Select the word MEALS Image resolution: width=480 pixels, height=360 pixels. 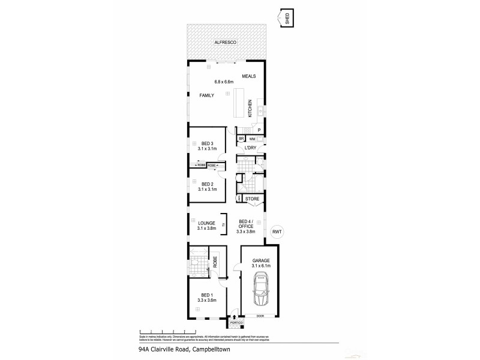click(x=249, y=77)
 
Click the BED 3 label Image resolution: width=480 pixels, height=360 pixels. click(x=208, y=143)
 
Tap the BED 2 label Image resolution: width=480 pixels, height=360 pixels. click(x=208, y=184)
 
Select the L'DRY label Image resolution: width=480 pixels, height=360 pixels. click(x=251, y=148)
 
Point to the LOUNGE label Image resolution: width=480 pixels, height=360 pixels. click(x=206, y=223)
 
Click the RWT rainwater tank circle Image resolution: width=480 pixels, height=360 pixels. click(x=277, y=232)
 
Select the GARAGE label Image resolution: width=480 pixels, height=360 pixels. click(x=261, y=260)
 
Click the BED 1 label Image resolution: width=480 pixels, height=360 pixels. click(x=208, y=295)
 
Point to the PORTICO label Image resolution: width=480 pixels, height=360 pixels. click(x=235, y=323)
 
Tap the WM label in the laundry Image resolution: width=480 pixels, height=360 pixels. click(x=252, y=139)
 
